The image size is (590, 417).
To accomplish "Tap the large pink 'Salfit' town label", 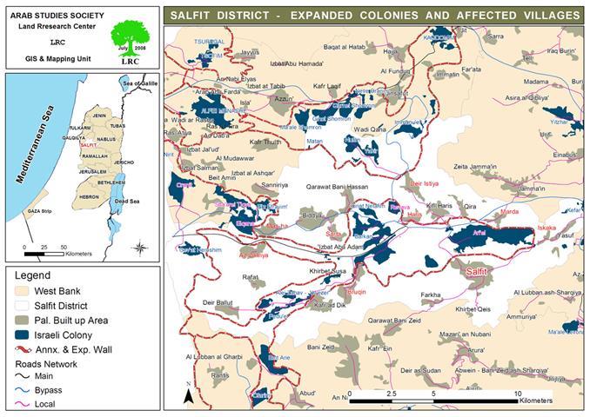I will (480, 272).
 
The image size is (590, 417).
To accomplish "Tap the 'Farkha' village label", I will (431, 295).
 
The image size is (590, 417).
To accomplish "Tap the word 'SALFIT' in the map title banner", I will (196, 16).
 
